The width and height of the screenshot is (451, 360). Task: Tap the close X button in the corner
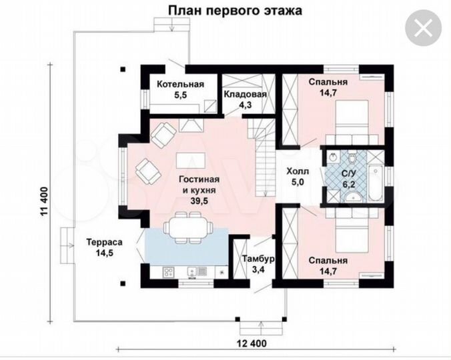422,29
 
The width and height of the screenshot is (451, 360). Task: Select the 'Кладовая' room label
245,94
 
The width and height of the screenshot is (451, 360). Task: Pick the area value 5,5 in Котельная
181,95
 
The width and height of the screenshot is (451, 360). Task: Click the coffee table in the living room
191,161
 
